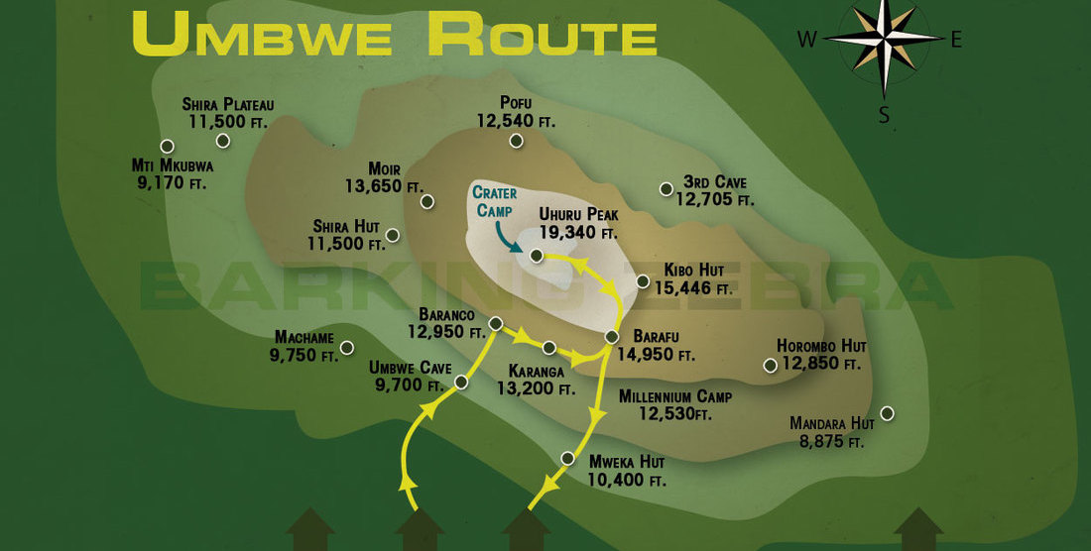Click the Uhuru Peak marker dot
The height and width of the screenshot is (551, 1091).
[x=536, y=256]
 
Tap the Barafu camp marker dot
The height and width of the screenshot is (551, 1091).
[x=612, y=338]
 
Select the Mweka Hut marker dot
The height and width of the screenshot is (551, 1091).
[x=568, y=458]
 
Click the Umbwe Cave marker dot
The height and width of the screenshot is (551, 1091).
[x=461, y=382]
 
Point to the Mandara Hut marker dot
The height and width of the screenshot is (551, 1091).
[x=887, y=412]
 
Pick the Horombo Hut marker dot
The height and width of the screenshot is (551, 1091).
[x=770, y=366]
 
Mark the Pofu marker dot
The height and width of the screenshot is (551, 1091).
[x=516, y=141]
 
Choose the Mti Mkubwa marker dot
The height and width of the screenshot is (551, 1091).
[x=168, y=147]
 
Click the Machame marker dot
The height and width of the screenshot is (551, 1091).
[x=347, y=347]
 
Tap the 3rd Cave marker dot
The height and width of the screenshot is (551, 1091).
[x=666, y=188]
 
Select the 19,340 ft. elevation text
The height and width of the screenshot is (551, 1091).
[x=578, y=234]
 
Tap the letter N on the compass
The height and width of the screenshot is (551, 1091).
[x=883, y=8]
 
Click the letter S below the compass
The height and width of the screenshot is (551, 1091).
[x=884, y=115]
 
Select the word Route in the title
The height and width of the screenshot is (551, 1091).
[x=542, y=36]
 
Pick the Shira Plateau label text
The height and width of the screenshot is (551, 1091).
[x=228, y=104]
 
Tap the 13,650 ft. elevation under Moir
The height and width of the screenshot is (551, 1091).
[x=384, y=185]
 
